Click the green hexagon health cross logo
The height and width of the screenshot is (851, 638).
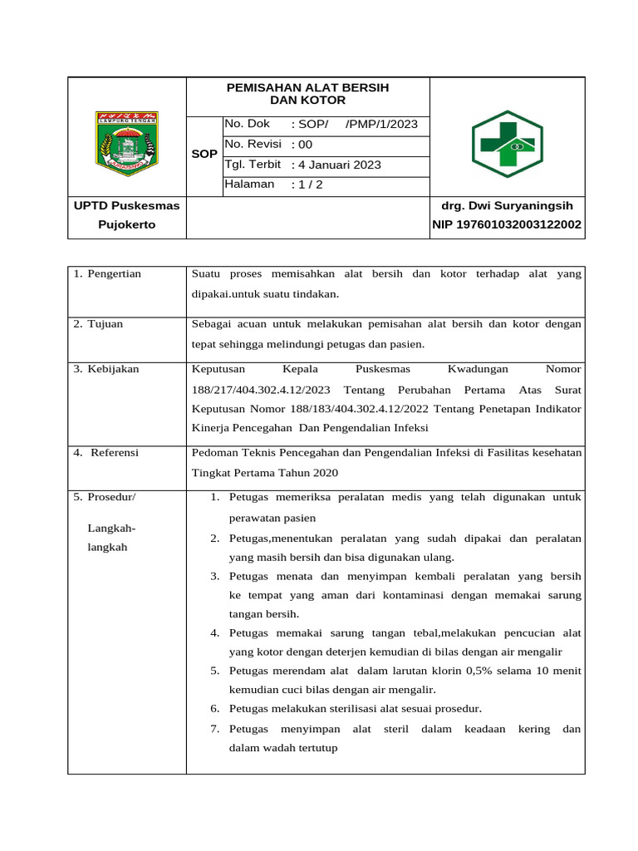click(507, 145)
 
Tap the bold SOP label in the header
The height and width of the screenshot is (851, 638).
click(204, 155)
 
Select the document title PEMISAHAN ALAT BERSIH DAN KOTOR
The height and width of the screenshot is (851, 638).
click(307, 94)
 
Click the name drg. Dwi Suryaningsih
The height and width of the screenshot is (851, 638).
click(507, 205)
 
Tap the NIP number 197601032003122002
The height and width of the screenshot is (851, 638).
click(507, 224)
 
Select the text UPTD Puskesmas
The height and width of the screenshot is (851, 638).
click(126, 205)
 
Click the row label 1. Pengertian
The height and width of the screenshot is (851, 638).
click(107, 273)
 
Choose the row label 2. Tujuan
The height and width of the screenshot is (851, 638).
click(98, 323)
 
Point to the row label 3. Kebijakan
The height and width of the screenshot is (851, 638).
click(106, 368)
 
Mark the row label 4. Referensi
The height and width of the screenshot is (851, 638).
click(106, 453)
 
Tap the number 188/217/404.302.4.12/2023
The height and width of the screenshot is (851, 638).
click(261, 389)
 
